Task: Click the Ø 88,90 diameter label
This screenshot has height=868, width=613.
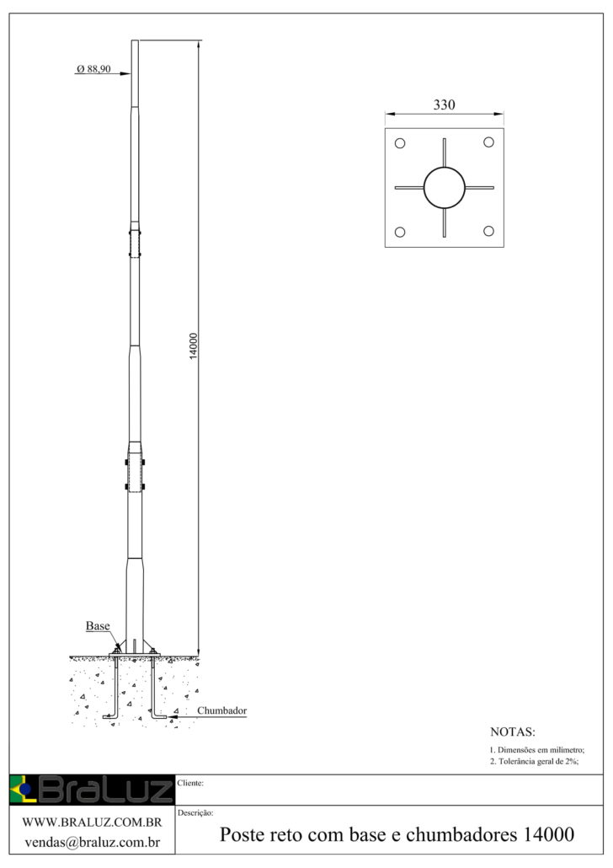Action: [x=93, y=69]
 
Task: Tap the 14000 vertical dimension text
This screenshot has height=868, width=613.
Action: [x=193, y=346]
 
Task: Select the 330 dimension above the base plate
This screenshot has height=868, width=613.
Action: [x=445, y=104]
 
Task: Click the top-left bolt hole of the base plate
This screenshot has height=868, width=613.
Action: [x=400, y=143]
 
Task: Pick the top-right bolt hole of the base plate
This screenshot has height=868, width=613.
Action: [x=488, y=142]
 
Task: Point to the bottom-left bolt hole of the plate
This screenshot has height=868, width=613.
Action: [x=400, y=233]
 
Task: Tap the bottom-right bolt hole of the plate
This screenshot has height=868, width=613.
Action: [x=488, y=231]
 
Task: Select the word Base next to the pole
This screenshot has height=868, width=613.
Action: [x=98, y=626]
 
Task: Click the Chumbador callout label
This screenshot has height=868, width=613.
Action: [x=221, y=710]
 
